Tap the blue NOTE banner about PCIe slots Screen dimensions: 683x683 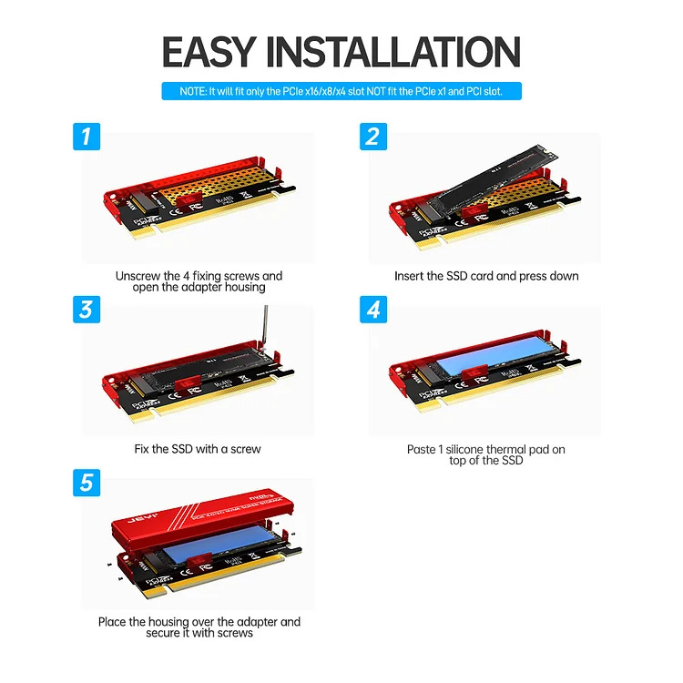342,91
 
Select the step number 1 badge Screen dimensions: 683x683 87,137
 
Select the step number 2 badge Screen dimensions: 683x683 372,137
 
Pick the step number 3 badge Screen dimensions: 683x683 87,310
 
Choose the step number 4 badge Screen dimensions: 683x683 372,310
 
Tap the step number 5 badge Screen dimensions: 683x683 87,482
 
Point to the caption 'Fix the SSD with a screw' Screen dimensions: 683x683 199,449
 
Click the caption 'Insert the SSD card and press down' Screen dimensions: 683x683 485,275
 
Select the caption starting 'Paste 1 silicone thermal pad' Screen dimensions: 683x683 485,454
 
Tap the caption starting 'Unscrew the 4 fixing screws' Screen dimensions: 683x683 199,280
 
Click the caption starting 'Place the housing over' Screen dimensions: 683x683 199,627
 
